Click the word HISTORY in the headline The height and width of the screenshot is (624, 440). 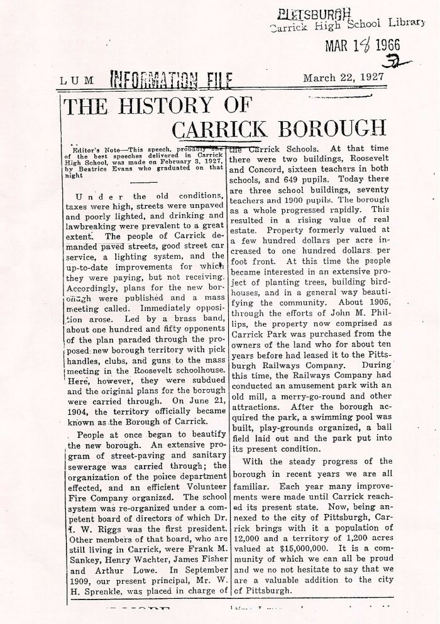pyautogui.click(x=165, y=104)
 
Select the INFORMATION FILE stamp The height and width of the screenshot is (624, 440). pyautogui.click(x=172, y=80)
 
